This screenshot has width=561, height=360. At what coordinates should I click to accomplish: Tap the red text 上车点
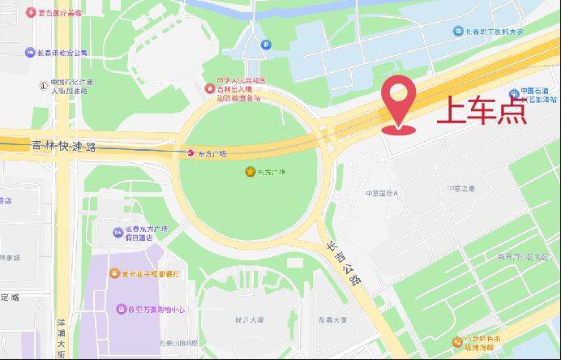[x=482, y=110]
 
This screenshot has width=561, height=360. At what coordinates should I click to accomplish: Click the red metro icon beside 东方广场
[x=191, y=152]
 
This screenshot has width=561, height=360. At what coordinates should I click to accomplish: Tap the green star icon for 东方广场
[x=250, y=172]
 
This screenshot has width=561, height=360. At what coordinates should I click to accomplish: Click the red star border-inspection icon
[x=210, y=87]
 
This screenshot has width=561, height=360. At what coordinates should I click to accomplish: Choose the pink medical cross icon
[x=31, y=13]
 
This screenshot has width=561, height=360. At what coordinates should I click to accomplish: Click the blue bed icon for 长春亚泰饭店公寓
[x=30, y=53]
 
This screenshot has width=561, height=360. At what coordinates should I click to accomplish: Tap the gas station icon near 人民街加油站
[x=42, y=84]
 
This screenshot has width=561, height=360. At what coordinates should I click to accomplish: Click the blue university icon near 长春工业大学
[x=457, y=31]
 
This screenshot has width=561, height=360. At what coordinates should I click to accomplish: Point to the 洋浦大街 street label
[x=61, y=332]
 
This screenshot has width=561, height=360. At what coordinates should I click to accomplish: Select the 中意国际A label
[x=383, y=194]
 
